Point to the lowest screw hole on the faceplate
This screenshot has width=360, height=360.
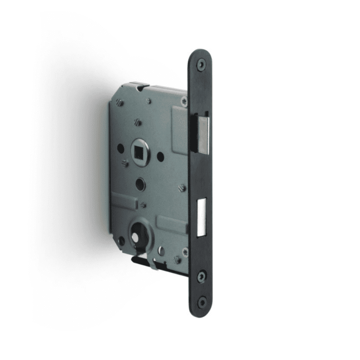click(x=202, y=302)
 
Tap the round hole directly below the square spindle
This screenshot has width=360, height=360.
click(x=140, y=184)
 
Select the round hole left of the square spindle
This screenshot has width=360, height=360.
click(x=120, y=149)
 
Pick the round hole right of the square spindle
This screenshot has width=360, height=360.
click(x=161, y=156)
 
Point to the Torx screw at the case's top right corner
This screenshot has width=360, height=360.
click(x=184, y=100)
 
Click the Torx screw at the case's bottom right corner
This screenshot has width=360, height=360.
click(x=185, y=252)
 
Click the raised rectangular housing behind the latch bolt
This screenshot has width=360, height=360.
click(x=180, y=129)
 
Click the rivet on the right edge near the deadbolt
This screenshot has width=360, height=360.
click(x=183, y=188)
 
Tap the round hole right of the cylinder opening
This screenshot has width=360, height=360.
click(x=161, y=250)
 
